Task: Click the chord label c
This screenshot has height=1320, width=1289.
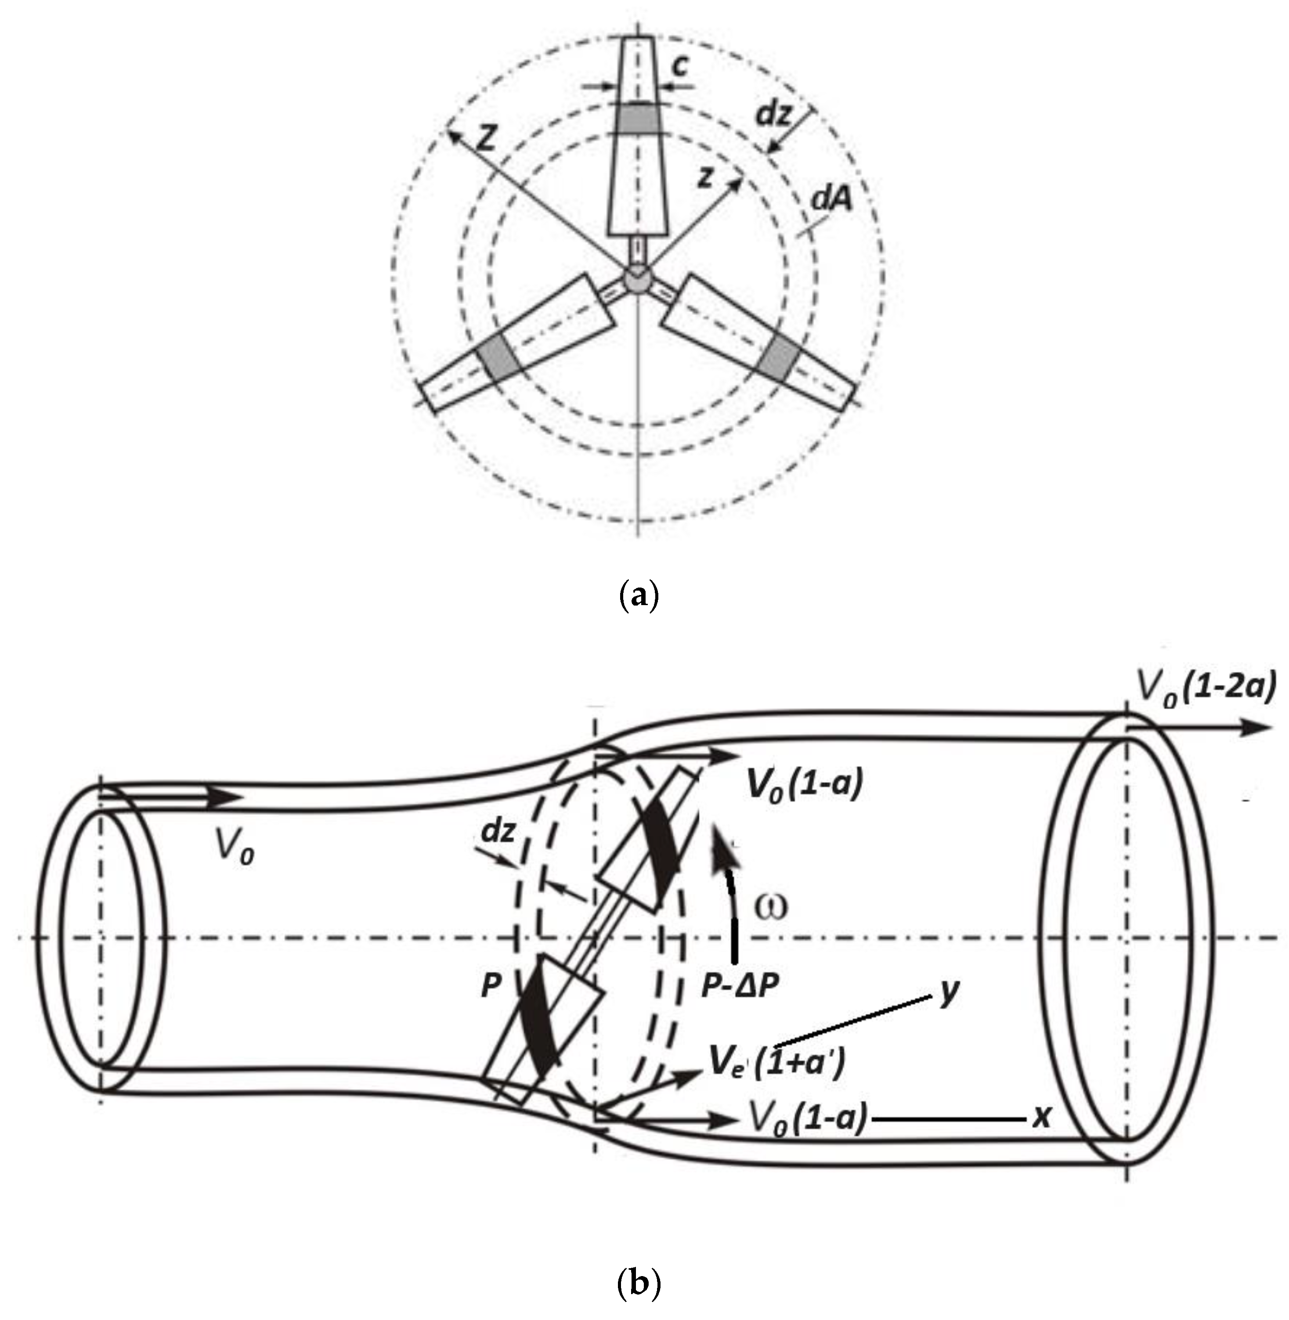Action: point(683,66)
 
